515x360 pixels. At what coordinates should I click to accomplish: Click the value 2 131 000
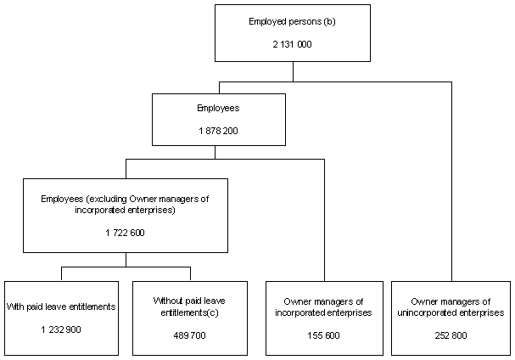(x=292, y=43)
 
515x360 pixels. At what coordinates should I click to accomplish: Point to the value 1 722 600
(x=125, y=233)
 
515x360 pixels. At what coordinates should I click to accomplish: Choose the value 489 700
(x=189, y=335)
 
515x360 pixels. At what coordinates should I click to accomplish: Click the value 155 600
(x=323, y=335)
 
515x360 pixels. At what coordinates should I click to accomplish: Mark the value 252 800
(x=451, y=335)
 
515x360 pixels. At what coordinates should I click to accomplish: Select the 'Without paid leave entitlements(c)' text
(x=189, y=307)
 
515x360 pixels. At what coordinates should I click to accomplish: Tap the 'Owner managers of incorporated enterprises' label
(x=323, y=307)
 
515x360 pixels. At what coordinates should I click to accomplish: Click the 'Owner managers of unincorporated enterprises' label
(x=451, y=307)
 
